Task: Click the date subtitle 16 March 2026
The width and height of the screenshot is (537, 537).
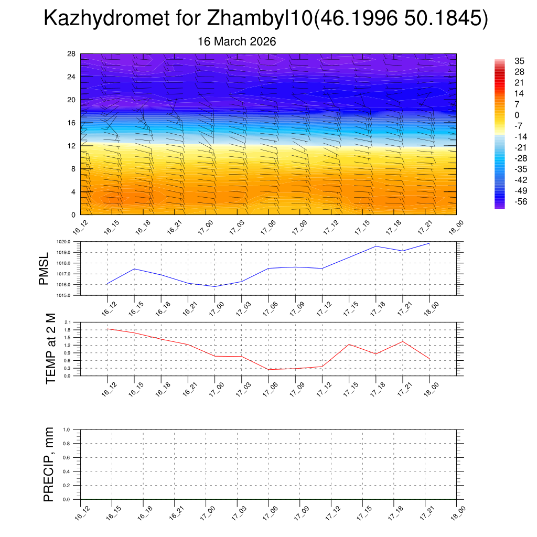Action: click(x=237, y=41)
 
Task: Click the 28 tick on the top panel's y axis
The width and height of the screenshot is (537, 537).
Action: click(x=72, y=54)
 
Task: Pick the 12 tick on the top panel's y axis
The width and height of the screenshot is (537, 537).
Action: click(x=72, y=146)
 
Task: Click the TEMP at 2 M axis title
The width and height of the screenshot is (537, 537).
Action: click(x=50, y=349)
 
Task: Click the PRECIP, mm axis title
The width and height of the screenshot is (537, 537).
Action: click(x=49, y=464)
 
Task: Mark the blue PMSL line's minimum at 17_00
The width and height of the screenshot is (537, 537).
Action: click(x=215, y=286)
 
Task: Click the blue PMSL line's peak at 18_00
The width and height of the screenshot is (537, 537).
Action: click(x=429, y=243)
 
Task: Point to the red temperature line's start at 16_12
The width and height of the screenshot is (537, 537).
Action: click(x=108, y=329)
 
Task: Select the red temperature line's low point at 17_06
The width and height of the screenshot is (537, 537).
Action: click(x=268, y=370)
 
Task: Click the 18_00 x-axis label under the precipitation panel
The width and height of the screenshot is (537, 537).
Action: click(x=460, y=512)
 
